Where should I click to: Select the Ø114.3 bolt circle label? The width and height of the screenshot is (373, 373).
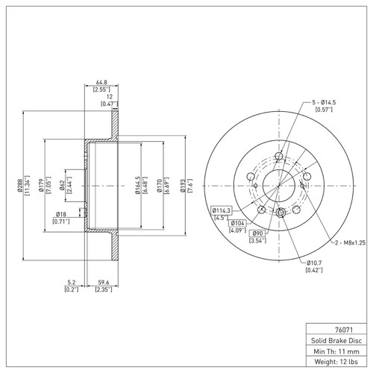tap(222, 210)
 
